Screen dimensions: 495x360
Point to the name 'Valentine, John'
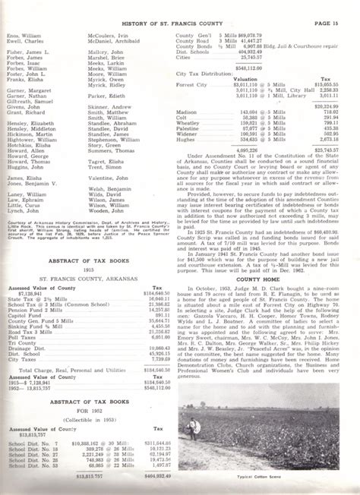(109, 177)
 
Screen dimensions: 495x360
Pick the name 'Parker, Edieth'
(105, 96)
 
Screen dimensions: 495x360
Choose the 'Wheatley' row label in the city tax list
(190, 123)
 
